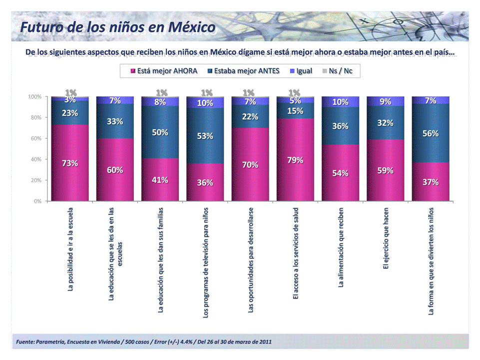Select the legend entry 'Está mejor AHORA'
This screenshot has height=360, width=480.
click(163, 71)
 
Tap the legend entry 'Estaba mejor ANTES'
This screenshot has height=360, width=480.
click(243, 71)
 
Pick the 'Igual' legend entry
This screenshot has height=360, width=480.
click(301, 71)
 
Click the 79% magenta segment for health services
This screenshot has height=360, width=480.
click(295, 160)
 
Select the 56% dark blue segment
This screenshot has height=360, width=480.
click(431, 133)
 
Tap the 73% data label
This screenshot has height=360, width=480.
click(70, 163)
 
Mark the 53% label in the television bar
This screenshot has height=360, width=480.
click(205, 136)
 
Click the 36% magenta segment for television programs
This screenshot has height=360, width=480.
click(205, 182)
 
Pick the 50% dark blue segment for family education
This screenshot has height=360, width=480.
click(160, 132)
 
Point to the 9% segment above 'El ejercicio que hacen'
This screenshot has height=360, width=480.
click(386, 101)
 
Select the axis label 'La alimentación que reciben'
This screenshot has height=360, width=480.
click(341, 247)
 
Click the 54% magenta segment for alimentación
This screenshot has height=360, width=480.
click(341, 173)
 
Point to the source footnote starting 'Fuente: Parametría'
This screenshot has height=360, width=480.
click(144, 342)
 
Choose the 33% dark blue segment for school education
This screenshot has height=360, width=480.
click(115, 121)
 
